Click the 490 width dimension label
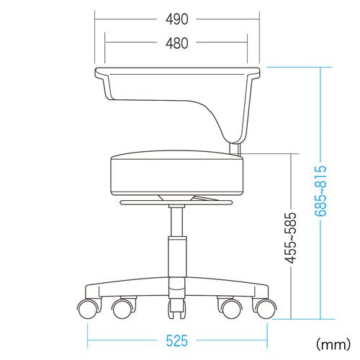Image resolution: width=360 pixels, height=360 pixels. tap(177, 19)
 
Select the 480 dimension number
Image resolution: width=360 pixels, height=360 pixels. tap(177, 43)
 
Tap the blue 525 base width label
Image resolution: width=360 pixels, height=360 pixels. tap(177, 341)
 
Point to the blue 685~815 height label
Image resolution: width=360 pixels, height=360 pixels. tap(321, 191)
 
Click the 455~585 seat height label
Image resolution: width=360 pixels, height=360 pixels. tap(291, 238)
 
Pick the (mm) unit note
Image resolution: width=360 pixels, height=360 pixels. tap(333, 345)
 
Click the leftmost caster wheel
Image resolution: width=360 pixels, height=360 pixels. tap(88, 310)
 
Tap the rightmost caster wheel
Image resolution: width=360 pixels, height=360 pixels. tap(266, 309)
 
